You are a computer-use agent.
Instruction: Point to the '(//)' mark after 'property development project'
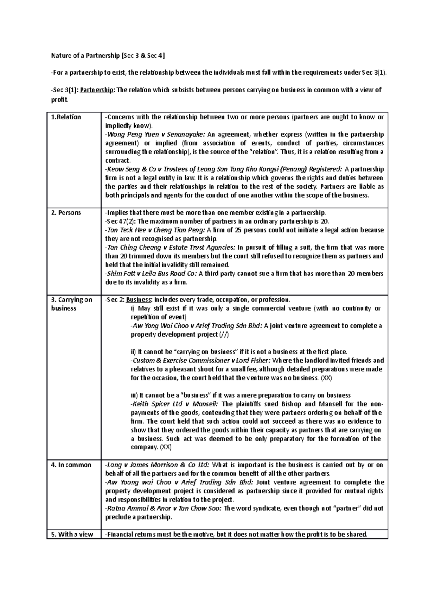(x=224, y=334)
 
